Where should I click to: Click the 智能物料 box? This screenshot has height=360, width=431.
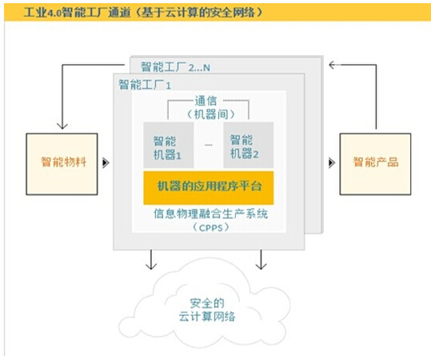pos(62,164)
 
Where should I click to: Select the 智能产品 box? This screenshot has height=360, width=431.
pos(375,164)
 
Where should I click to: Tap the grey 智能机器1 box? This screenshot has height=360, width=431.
pos(169,145)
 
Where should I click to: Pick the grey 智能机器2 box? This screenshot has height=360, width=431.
pos(248,145)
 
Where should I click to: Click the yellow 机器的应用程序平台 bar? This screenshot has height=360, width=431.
pos(209,188)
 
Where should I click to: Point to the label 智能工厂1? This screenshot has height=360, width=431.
pos(145,85)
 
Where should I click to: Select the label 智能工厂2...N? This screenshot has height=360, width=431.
pos(175,67)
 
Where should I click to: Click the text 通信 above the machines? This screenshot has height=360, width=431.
pos(206,101)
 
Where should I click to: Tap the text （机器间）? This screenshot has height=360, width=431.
pos(211,114)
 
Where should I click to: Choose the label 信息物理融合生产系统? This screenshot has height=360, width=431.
pos(210,214)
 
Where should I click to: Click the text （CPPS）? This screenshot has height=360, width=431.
pos(210,227)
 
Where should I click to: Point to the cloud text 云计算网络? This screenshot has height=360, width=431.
pos(207,317)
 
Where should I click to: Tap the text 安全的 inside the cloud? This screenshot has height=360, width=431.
pos(207,303)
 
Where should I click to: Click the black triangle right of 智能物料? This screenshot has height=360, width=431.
pos(106,163)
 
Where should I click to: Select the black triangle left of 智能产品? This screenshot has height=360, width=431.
pos(332,163)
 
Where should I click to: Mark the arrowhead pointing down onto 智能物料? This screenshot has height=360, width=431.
pos(62,126)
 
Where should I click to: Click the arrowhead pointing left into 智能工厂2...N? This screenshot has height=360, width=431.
pos(332,65)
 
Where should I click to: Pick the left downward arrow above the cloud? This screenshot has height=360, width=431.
pos(151,260)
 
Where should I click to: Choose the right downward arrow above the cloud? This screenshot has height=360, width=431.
pos(261,260)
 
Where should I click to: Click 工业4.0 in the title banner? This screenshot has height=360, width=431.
pos(42,13)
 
